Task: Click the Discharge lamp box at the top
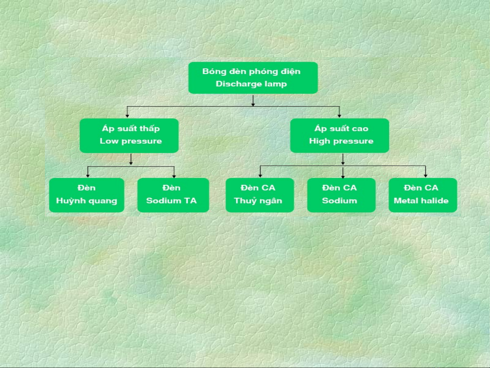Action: point(253,78)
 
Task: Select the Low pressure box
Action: point(129,135)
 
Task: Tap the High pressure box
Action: point(339,135)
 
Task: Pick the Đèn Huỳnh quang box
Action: point(87,195)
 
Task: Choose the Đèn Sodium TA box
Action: point(173,195)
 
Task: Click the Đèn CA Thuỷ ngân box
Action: point(260,195)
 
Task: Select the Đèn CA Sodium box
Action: point(341,195)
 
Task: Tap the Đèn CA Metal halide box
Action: point(423,195)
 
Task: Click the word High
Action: point(319,141)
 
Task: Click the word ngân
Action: point(271,201)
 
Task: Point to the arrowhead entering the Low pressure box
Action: point(128,116)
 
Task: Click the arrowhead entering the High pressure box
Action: point(339,116)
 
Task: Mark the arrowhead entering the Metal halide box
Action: point(425,176)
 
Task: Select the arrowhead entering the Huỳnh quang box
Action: point(88,176)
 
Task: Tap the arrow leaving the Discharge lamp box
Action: point(253,101)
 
